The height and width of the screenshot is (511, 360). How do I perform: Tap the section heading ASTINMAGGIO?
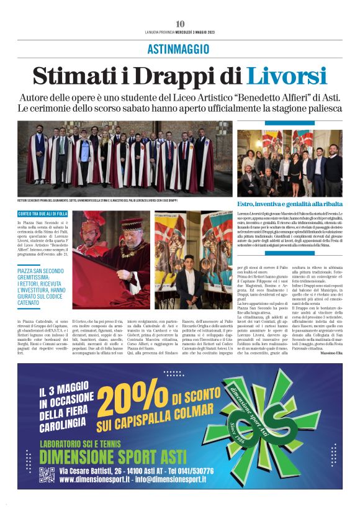click(x=180, y=49)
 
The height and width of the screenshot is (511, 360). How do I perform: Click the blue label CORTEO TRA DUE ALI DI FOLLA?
click(x=43, y=214)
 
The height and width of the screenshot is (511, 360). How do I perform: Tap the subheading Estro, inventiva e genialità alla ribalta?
click(x=289, y=204)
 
